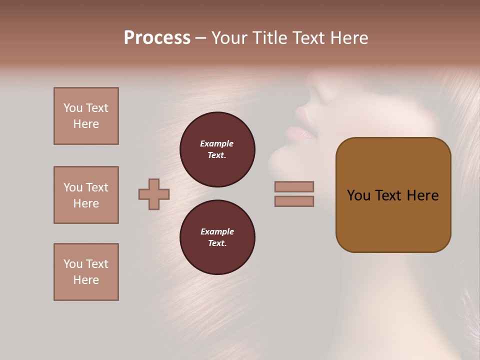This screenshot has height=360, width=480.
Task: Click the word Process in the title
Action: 157,38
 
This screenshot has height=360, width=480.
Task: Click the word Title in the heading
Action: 269,38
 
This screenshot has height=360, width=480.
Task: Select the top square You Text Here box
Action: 86,116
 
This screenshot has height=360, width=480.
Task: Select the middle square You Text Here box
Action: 86,195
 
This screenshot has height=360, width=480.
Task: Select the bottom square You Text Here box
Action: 86,272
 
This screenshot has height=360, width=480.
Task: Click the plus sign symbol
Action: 154,194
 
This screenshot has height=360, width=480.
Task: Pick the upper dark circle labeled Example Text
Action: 217,149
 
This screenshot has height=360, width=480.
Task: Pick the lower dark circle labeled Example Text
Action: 217,237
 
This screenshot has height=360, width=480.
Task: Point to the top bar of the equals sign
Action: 294,186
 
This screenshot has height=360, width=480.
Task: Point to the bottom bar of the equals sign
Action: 294,201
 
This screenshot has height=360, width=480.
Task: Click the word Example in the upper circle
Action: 217,143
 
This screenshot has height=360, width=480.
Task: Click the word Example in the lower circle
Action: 217,231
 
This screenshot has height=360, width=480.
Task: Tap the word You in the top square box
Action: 73,108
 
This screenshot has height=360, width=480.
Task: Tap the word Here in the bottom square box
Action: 86,280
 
